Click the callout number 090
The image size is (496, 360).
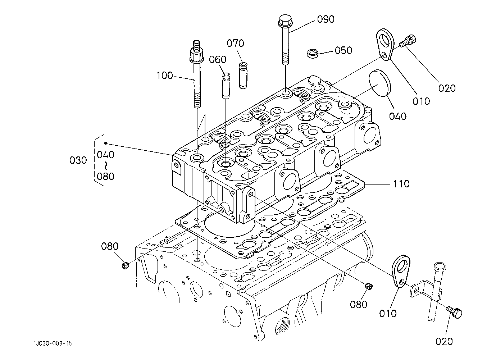point(326,19)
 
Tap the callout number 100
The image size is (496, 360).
point(164,76)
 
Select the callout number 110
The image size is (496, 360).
point(401,184)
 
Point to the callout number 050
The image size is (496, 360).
point(343,50)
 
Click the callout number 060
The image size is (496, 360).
point(218,60)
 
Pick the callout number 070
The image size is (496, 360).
point(235,43)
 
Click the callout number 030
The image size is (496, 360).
point(78,160)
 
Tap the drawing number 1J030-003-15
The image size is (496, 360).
point(53,343)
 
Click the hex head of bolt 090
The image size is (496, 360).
point(285,20)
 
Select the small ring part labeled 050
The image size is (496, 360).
point(313,54)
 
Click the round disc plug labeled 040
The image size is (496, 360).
point(380,83)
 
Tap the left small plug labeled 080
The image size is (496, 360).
point(126,265)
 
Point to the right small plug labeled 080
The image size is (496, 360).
point(368,286)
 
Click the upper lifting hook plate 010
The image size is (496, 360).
point(385,44)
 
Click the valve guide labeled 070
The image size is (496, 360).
point(243,76)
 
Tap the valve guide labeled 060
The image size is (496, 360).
point(227,86)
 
